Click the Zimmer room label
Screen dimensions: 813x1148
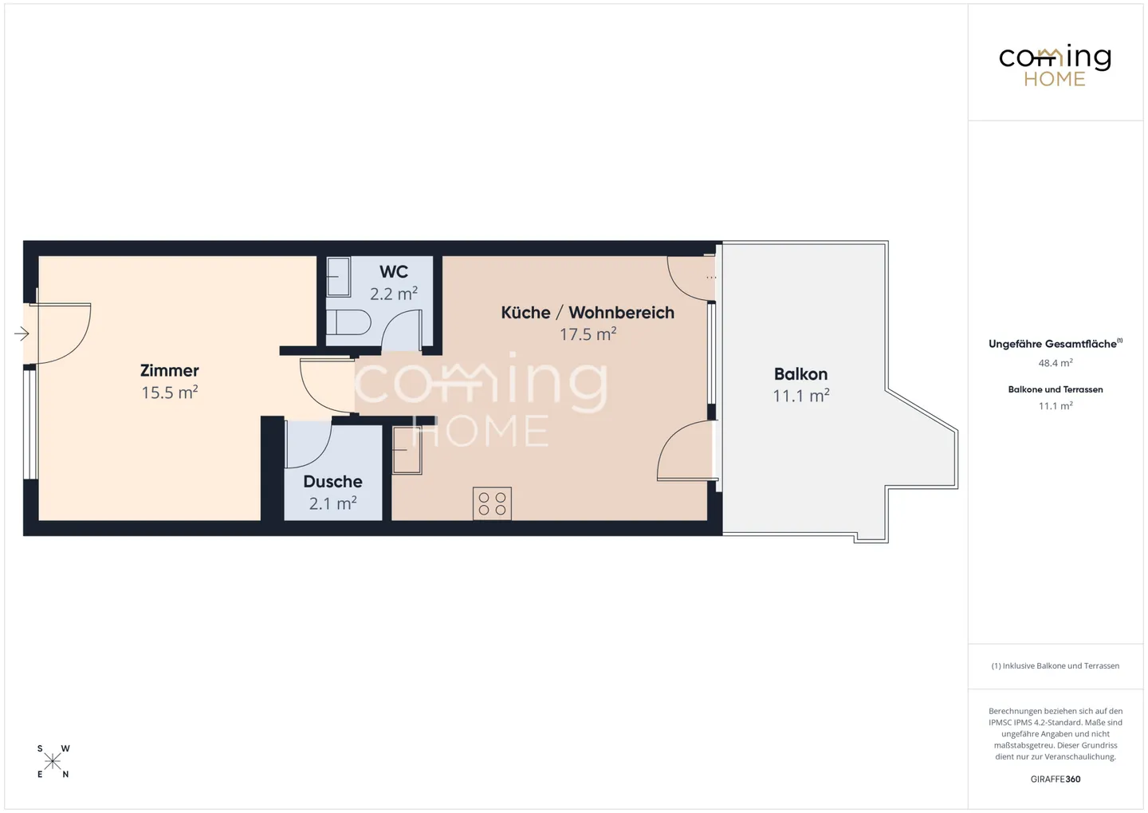[x=169, y=370]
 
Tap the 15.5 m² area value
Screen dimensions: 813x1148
[x=169, y=393]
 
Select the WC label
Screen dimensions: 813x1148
[x=394, y=272]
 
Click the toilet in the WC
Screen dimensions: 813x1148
[x=348, y=323]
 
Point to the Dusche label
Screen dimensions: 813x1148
[x=332, y=482]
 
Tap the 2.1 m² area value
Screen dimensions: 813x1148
[x=332, y=503]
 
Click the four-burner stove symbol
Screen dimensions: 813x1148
[x=492, y=503]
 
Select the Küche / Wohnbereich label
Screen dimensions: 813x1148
[x=588, y=313]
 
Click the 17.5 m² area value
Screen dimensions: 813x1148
[x=588, y=334]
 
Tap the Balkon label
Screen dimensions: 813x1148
[x=800, y=374]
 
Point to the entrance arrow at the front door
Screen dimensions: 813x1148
[x=22, y=333]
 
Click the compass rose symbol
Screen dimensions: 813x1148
[x=53, y=761]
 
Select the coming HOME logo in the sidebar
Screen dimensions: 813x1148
[x=1055, y=65]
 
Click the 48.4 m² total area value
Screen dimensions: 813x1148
[x=1055, y=363]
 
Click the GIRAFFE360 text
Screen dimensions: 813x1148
[x=1055, y=779]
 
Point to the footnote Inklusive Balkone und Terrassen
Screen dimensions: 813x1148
[x=1055, y=665]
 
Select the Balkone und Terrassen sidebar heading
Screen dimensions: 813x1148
[x=1055, y=389]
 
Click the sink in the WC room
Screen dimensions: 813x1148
[x=338, y=276]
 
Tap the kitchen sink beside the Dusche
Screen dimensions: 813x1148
[x=407, y=450]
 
